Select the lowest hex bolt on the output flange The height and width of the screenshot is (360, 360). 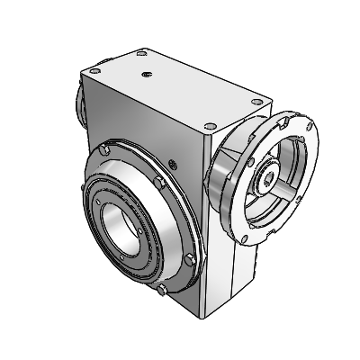coord(160,291)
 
